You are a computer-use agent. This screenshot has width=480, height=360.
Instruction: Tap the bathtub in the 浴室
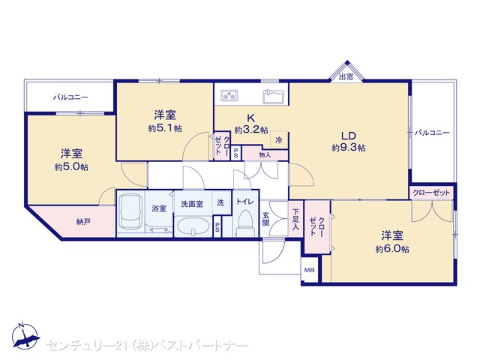click(130, 212)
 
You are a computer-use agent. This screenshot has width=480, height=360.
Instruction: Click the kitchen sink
click(273, 96)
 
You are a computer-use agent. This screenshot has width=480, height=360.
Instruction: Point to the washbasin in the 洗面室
click(193, 226)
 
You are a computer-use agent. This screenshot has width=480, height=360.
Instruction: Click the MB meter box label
click(309, 270)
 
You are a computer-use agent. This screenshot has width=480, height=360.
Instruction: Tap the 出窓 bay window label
click(346, 76)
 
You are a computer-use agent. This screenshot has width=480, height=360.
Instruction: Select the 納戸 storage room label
click(83, 222)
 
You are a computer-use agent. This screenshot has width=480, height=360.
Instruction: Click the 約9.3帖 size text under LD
click(348, 148)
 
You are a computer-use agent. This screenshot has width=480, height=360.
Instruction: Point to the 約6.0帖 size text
click(392, 249)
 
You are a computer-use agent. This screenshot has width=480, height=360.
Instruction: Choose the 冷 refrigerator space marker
click(278, 140)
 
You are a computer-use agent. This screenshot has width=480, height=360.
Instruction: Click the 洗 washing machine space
click(220, 202)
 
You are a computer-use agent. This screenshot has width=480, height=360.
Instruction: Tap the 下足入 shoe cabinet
click(295, 218)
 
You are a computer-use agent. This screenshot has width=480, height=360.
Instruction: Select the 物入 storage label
click(265, 155)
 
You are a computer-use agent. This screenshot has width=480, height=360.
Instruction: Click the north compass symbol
click(25, 337)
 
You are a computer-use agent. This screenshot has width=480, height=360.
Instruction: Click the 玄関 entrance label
click(265, 219)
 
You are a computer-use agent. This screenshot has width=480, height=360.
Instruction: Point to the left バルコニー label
click(70, 97)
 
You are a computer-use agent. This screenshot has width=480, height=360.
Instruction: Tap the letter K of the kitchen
click(251, 118)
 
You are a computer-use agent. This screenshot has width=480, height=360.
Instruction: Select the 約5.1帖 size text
click(165, 128)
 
